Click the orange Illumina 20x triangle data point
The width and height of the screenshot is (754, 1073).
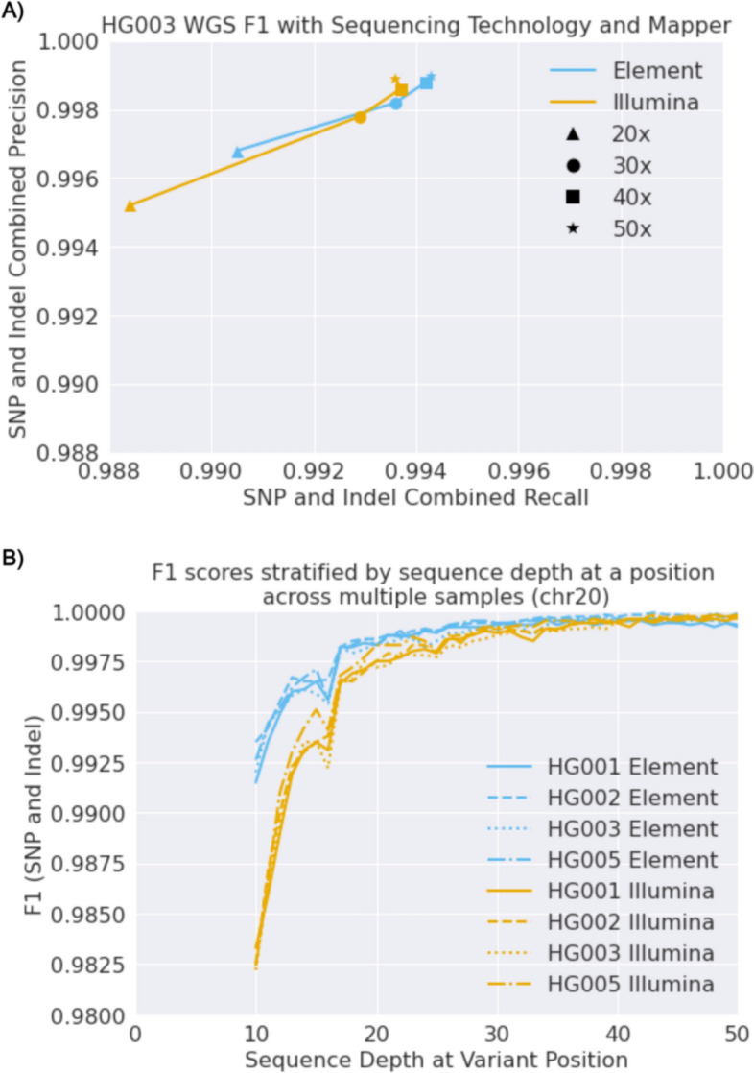(x=130, y=205)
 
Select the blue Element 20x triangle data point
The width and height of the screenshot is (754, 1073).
(x=237, y=152)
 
